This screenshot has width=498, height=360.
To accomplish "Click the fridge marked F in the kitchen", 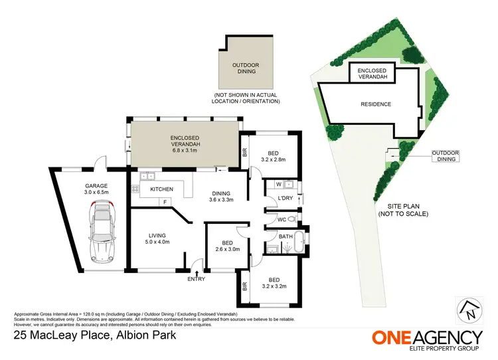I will click(164, 201).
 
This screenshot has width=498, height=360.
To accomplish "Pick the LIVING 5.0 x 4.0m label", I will click(157, 238).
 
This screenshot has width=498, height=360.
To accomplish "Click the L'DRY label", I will click(287, 199).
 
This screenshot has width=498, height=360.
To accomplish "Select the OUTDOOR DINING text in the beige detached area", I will click(246, 68).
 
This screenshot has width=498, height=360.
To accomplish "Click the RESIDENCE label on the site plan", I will click(375, 104).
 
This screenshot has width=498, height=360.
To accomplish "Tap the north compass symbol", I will click(470, 309).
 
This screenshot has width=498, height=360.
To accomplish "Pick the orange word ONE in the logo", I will click(394, 336).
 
